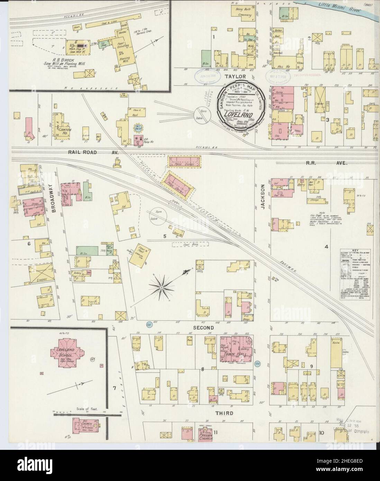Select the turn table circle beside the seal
click(202, 114)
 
